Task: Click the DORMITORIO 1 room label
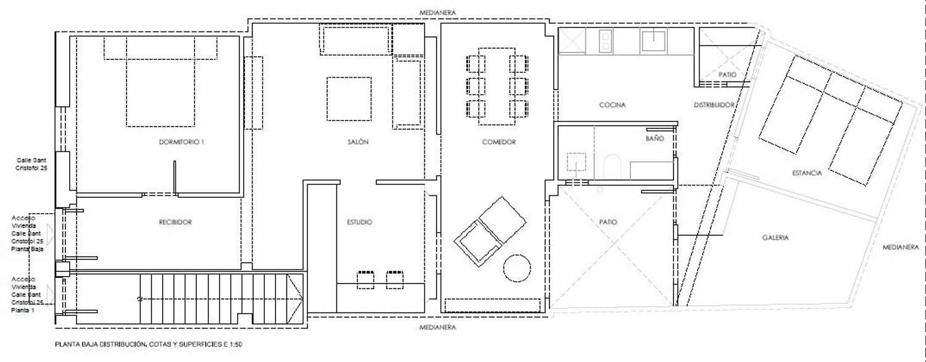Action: tap(181, 142)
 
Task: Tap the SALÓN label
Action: tap(357, 142)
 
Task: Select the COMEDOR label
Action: tap(499, 142)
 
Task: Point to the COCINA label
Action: tap(612, 105)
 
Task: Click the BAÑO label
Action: tap(654, 138)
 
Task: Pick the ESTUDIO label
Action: tap(359, 222)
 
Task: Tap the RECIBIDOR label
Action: tap(175, 222)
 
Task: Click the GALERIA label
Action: tap(775, 238)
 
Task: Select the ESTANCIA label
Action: tap(807, 173)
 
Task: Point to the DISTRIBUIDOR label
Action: tap(714, 105)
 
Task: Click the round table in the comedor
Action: tap(517, 268)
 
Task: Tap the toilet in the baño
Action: tap(612, 167)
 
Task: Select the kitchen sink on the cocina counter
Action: tap(653, 41)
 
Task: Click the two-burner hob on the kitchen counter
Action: tap(606, 41)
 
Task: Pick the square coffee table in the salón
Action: tap(349, 99)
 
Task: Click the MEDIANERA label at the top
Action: tap(437, 13)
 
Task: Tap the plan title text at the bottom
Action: tap(148, 344)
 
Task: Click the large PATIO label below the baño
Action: tap(607, 222)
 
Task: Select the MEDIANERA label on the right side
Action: tap(901, 247)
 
